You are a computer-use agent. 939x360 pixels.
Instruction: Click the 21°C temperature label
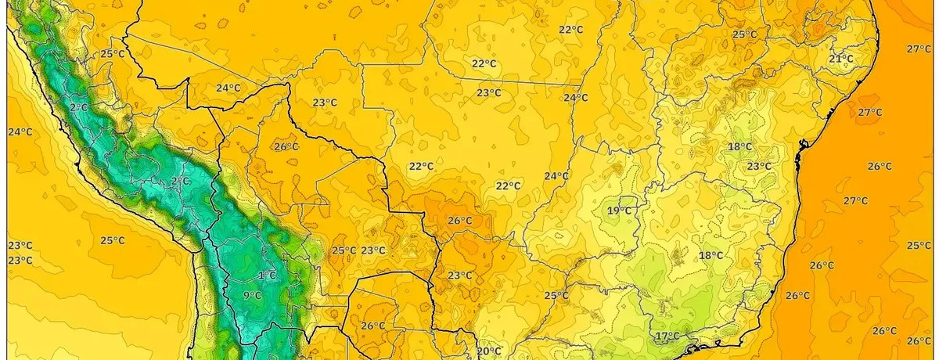840,59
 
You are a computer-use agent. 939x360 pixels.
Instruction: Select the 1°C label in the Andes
267,275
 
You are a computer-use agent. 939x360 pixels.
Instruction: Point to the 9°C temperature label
252,295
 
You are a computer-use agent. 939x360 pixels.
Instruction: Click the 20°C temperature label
488,351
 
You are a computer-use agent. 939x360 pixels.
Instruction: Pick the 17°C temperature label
667,337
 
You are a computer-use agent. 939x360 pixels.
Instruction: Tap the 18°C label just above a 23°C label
739,147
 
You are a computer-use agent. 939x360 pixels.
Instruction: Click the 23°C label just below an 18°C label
758,166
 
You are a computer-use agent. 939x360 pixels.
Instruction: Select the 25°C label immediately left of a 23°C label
343,250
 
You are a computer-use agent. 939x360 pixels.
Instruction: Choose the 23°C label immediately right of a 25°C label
372,250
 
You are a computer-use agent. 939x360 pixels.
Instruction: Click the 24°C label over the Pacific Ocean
20,131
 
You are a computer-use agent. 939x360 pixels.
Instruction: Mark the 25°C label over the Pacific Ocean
112,240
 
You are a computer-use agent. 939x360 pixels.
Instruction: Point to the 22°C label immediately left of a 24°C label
508,185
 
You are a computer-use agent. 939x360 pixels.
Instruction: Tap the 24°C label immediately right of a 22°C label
556,176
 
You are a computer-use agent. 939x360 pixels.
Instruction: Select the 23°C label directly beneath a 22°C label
489,93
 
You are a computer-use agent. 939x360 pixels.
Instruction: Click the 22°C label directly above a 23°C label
484,63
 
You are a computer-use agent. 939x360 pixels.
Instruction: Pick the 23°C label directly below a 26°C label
459,275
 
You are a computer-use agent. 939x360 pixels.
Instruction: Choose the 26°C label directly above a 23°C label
459,221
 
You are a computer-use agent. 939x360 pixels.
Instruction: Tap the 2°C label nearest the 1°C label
180,181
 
